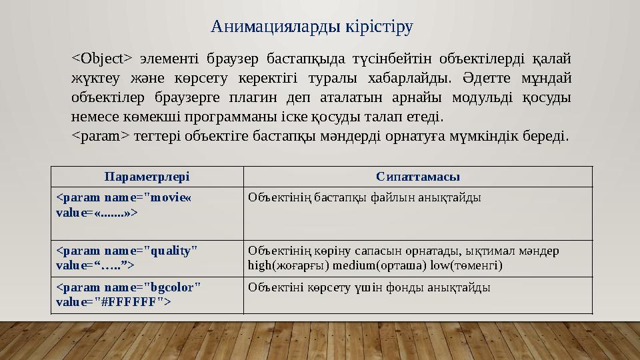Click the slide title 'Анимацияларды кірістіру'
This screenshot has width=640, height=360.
tap(311, 27)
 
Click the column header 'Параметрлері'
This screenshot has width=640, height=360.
tap(147, 177)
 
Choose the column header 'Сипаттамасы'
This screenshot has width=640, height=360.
tap(417, 177)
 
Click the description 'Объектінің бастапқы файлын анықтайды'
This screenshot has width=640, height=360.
tap(364, 197)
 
